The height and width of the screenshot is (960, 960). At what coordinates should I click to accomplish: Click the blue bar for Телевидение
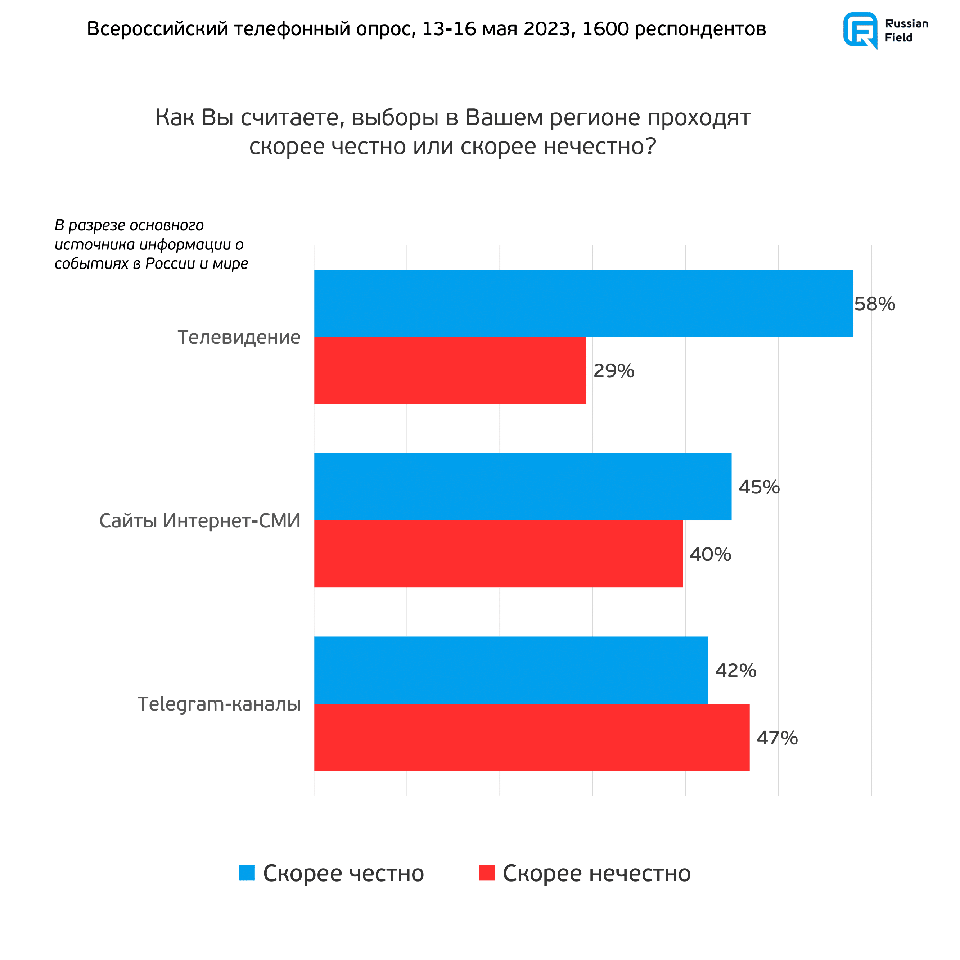583,303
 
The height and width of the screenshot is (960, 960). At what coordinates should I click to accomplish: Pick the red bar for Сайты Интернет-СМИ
499,554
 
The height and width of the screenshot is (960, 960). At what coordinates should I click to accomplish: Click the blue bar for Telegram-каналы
511,670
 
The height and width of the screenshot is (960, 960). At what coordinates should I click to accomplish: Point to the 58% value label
875,304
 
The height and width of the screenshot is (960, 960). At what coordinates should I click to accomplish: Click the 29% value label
614,371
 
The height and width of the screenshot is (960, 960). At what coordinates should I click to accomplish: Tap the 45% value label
759,487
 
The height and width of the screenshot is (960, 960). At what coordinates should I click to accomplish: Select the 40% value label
710,555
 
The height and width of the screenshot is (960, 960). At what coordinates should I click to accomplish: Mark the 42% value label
735,671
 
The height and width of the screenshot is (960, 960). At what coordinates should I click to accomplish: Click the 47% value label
777,738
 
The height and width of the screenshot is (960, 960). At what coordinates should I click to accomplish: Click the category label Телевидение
239,337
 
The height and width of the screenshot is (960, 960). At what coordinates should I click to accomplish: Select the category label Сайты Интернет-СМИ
200,521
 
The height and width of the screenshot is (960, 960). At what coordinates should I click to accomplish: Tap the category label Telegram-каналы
219,704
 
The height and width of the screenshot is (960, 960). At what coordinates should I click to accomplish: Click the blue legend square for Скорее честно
247,873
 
